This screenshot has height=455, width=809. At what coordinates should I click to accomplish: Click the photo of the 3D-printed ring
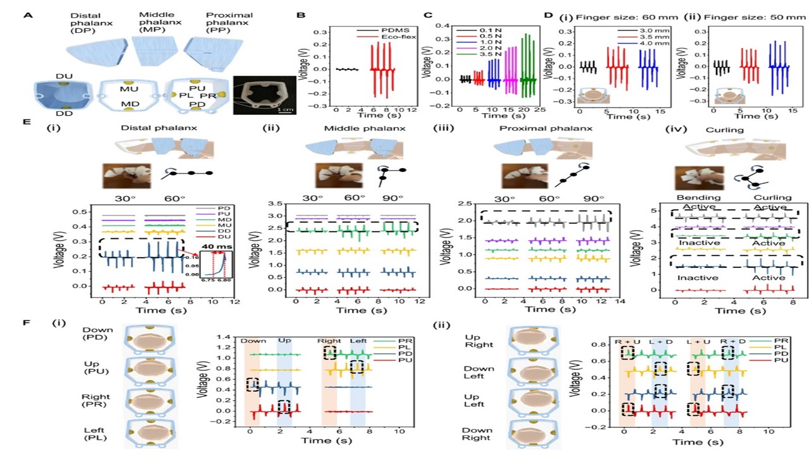[264, 94]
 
